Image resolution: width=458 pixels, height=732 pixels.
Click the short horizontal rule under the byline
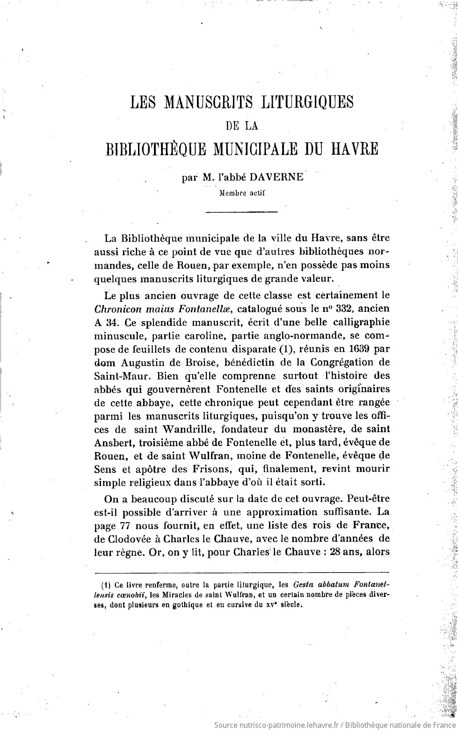pos(242,213)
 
